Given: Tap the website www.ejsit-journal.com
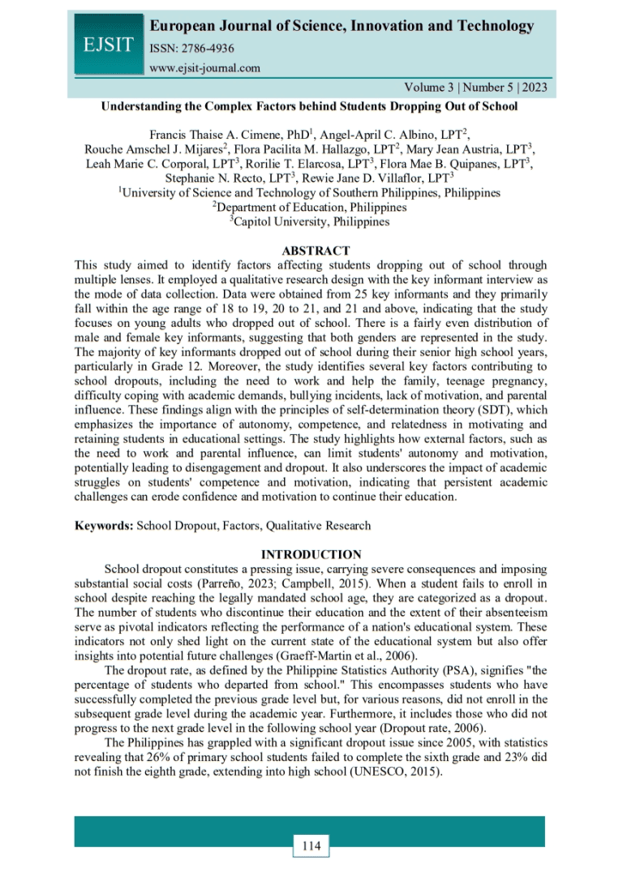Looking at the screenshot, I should pyautogui.click(x=205, y=67).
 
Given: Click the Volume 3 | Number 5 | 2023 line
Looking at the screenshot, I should pyautogui.click(x=469, y=88).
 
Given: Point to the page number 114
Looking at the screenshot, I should pyautogui.click(x=311, y=847).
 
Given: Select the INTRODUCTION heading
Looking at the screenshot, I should pyautogui.click(x=311, y=554).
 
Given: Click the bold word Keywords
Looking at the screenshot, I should pyautogui.click(x=103, y=525).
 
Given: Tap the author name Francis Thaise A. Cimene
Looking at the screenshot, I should pyautogui.click(x=210, y=135).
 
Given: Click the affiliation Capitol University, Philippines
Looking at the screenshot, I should pyautogui.click(x=311, y=222).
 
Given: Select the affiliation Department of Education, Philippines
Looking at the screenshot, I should pyautogui.click(x=311, y=207).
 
